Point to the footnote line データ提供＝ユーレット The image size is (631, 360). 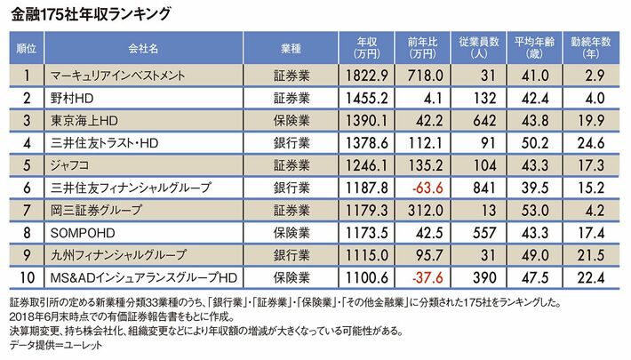click(x=52, y=344)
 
